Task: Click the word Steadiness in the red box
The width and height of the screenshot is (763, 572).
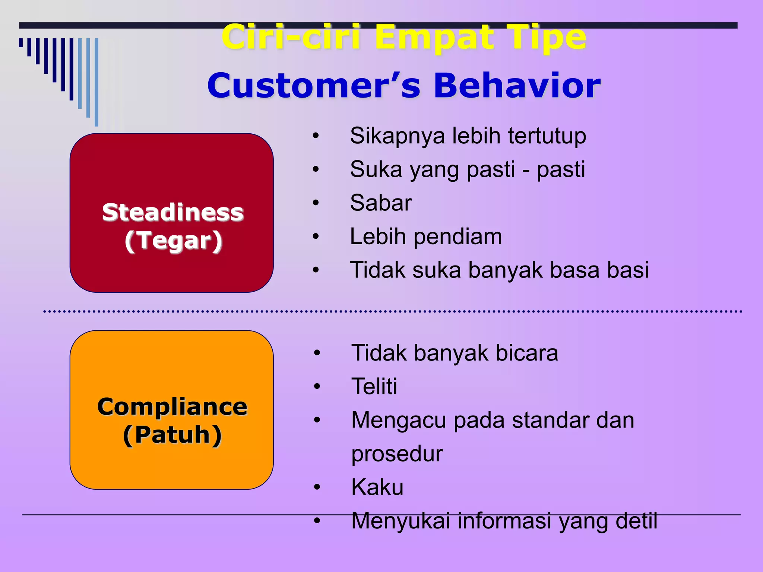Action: [x=172, y=213]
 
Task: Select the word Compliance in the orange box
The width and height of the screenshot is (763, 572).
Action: [x=172, y=407]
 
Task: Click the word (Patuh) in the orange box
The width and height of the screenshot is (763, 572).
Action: [x=172, y=435]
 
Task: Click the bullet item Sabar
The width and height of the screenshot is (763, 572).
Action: [x=381, y=203]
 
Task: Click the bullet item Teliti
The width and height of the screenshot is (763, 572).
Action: [x=374, y=386]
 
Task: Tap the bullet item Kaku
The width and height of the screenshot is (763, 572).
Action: [x=377, y=487]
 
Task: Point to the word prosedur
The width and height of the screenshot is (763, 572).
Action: [x=397, y=454]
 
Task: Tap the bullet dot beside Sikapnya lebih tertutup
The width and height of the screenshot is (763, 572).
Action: [x=316, y=136]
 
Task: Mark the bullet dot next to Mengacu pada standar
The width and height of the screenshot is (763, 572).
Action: [x=317, y=420]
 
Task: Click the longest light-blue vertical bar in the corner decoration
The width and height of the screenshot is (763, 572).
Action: [x=96, y=82]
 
